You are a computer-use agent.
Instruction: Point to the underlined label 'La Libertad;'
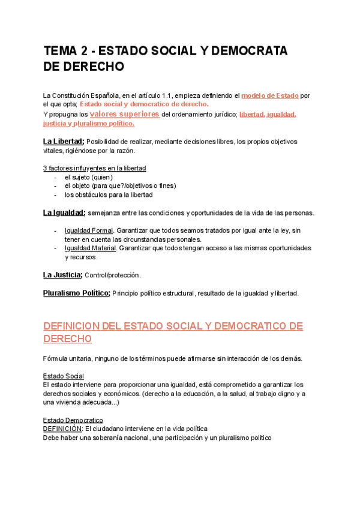pos(64,141)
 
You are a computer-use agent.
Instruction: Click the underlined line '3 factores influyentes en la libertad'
pos(95,168)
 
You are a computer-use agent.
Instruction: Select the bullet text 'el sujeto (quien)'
pos(89,177)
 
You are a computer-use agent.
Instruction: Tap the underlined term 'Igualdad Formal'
pos(89,230)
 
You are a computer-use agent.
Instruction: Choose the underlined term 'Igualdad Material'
pos(91,248)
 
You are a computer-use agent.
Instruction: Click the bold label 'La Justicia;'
pos(62,275)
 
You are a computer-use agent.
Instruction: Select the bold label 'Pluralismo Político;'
pos(76,293)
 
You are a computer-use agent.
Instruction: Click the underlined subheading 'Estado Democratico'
pos(73,420)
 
